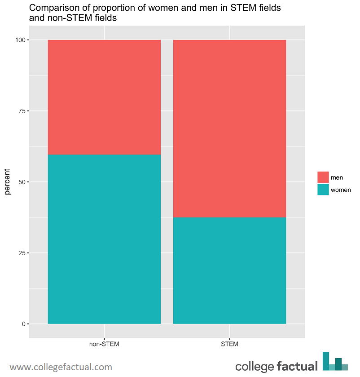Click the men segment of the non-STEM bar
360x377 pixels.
coord(104,97)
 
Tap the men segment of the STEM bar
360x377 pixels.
coord(229,129)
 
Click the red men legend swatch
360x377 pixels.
coord(323,177)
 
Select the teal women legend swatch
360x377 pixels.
coord(323,190)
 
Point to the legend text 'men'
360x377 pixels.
coord(337,178)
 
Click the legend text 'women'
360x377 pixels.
coord(341,190)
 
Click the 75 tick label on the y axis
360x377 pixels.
coord(21,111)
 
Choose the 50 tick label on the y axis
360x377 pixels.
coord(21,182)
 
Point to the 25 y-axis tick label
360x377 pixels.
coord(21,253)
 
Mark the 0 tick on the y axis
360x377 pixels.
coord(22,324)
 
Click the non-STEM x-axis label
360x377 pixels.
coord(104,345)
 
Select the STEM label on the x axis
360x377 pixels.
coord(229,345)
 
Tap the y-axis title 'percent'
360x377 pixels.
coord(8,182)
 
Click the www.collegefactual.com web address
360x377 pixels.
coord(61,367)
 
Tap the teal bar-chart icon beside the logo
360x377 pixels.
coord(335,361)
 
